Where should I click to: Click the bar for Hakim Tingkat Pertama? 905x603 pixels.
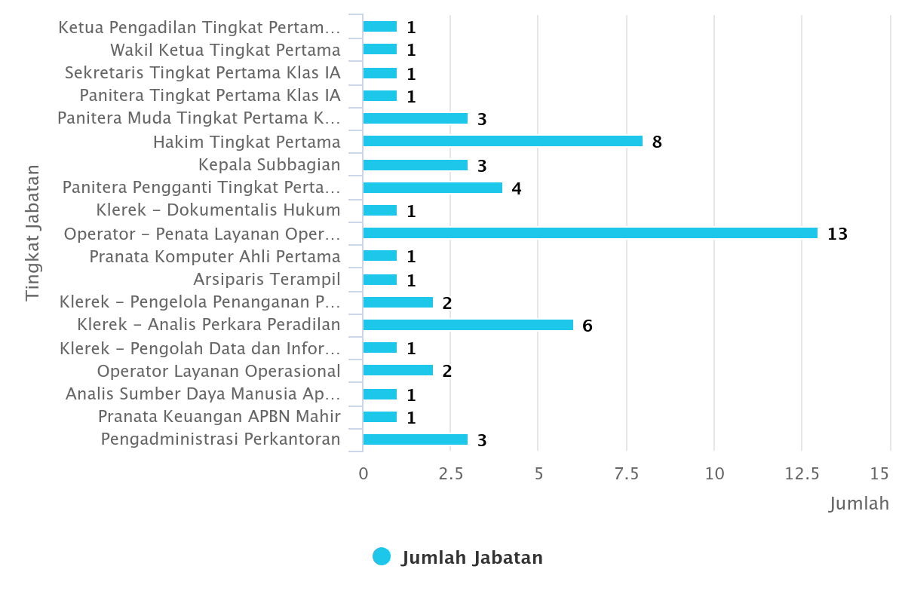pos(502,141)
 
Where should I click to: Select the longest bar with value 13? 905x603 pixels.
pos(590,233)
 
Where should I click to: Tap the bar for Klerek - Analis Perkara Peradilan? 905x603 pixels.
pos(468,325)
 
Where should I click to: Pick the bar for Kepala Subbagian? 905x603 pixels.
pos(415,164)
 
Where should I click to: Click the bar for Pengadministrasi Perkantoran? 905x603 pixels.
pos(415,439)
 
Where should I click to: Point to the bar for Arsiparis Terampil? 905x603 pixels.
pos(380,280)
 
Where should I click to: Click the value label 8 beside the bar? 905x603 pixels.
pos(657,142)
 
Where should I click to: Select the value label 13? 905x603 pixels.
pos(837,234)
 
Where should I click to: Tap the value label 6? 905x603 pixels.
pos(587,326)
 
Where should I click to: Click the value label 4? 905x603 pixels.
pos(517,188)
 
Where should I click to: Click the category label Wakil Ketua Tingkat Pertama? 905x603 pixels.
pos(225,51)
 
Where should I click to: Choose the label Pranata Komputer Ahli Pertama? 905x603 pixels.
pos(215,256)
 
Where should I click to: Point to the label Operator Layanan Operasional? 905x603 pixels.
pos(219,371)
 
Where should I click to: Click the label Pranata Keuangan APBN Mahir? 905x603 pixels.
pos(219,417)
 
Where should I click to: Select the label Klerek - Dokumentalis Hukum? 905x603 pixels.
pos(219,210)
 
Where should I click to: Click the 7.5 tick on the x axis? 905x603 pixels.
pos(626,473)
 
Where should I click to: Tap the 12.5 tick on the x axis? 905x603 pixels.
pos(801,473)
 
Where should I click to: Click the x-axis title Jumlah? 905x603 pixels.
pos(859,504)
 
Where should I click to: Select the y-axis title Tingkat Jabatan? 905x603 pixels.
pos(32,233)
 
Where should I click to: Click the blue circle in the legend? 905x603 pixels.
pos(382,557)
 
